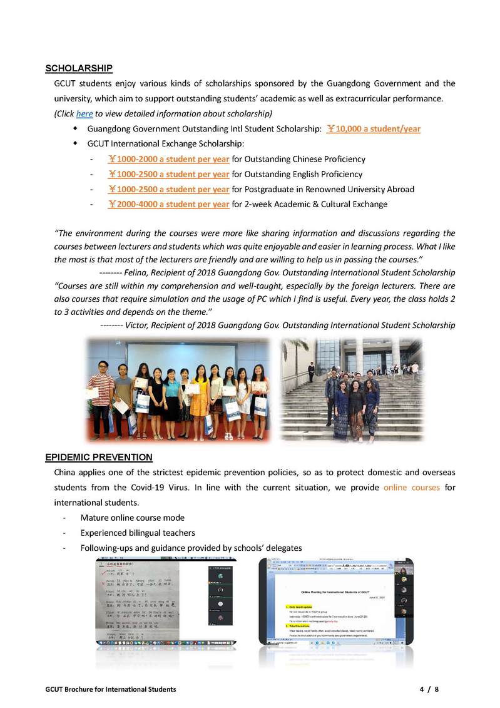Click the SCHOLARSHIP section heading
pos(79,68)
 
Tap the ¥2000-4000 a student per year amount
pos(168,204)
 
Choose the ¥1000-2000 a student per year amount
pos(168,159)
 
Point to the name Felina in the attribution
pos(138,273)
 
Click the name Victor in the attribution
pos(137,326)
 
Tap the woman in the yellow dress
pos(200,394)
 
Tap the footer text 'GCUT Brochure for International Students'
pos(110,689)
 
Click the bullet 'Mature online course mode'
pos(132,518)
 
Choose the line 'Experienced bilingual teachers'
pos(138,533)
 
